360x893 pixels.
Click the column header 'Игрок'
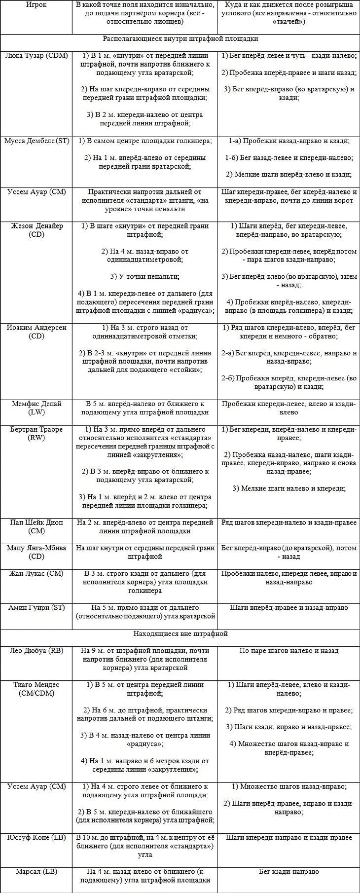coord(36,5)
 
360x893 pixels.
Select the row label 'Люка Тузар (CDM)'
coord(36,56)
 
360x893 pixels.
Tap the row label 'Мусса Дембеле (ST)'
coord(36,141)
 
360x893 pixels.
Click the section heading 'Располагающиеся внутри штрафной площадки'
coord(180,38)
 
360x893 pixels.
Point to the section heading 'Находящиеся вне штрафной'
coord(180,633)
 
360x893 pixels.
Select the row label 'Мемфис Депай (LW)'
coord(36,408)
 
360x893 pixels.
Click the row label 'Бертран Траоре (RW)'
coord(36,433)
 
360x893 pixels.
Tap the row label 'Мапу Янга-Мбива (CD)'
coord(36,552)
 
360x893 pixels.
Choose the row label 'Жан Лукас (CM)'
coord(36,573)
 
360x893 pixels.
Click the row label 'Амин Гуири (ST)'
coord(36,607)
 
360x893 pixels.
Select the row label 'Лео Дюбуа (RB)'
coord(36,650)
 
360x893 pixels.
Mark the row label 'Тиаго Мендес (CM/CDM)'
coord(36,688)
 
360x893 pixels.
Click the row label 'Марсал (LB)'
coord(36,871)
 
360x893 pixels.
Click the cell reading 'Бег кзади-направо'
coord(289,871)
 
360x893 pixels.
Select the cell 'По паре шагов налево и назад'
coord(289,650)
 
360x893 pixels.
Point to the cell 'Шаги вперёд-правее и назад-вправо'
coord(289,607)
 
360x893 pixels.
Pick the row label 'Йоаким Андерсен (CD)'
coord(36,332)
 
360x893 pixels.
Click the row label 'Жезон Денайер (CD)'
coord(36,230)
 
